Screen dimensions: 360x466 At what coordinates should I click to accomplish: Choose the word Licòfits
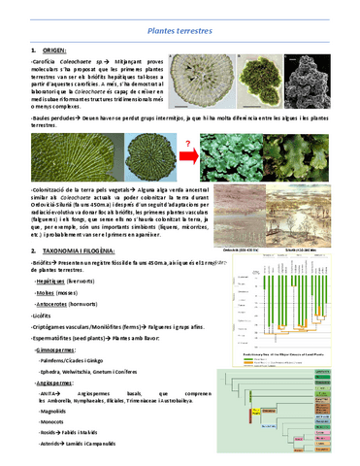(x=45, y=315)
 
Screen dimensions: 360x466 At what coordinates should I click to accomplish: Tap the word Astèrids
(x=49, y=449)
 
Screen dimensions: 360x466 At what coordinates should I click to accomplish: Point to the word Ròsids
(x=48, y=438)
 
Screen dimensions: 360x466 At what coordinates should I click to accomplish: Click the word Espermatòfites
(x=53, y=337)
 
